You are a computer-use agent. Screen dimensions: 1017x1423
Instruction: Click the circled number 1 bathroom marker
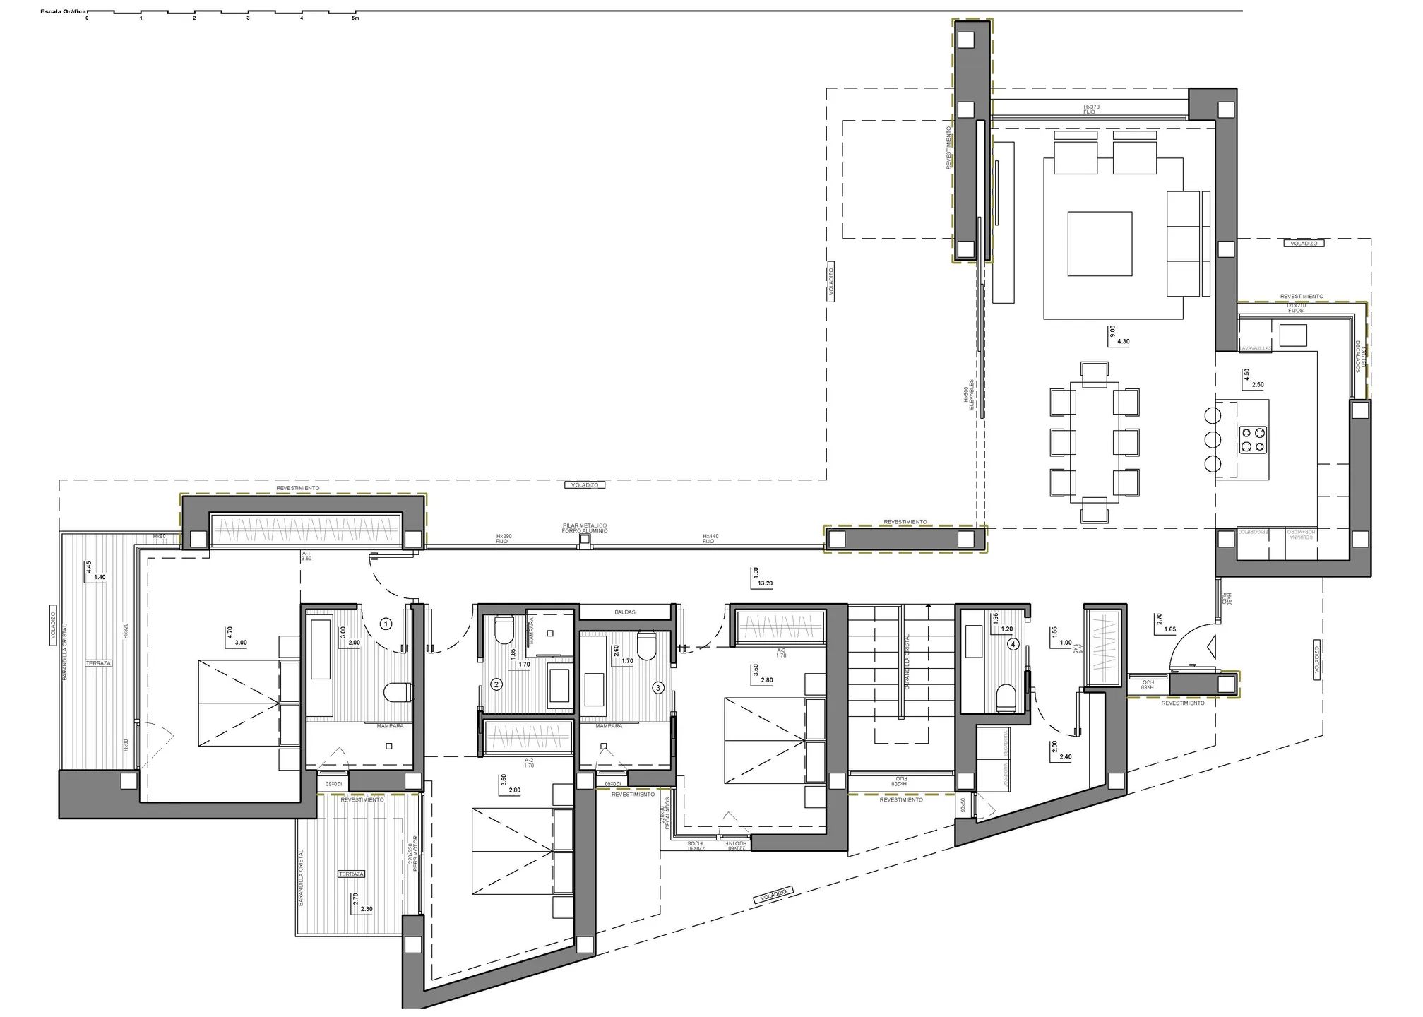386,624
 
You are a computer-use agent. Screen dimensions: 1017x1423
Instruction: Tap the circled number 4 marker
1013,644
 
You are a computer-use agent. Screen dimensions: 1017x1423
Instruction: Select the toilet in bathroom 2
504,631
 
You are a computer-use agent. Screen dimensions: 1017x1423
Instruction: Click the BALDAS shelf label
625,612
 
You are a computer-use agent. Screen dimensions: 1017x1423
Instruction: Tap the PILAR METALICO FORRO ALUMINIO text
585,528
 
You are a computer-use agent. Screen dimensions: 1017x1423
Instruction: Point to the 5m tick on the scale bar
355,18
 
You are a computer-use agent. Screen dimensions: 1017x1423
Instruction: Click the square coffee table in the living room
1100,244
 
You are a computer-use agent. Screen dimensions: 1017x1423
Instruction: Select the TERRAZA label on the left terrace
99,663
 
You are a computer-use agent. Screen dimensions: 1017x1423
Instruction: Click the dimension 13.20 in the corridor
766,584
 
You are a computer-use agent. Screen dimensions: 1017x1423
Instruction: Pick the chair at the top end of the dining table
1095,374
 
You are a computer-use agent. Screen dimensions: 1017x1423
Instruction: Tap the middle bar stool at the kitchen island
1213,439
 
